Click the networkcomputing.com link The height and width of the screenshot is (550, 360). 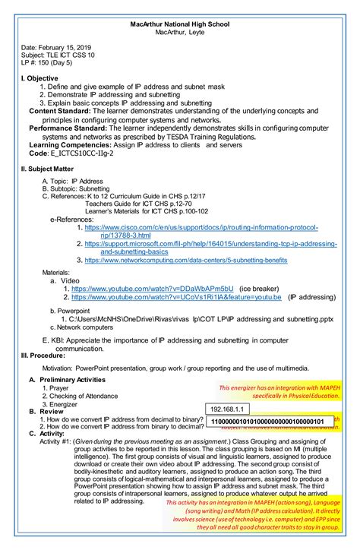point(185,260)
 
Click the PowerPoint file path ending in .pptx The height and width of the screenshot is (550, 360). point(189,321)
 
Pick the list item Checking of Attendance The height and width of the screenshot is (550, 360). point(75,396)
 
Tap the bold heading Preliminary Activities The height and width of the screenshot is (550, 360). point(72,378)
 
